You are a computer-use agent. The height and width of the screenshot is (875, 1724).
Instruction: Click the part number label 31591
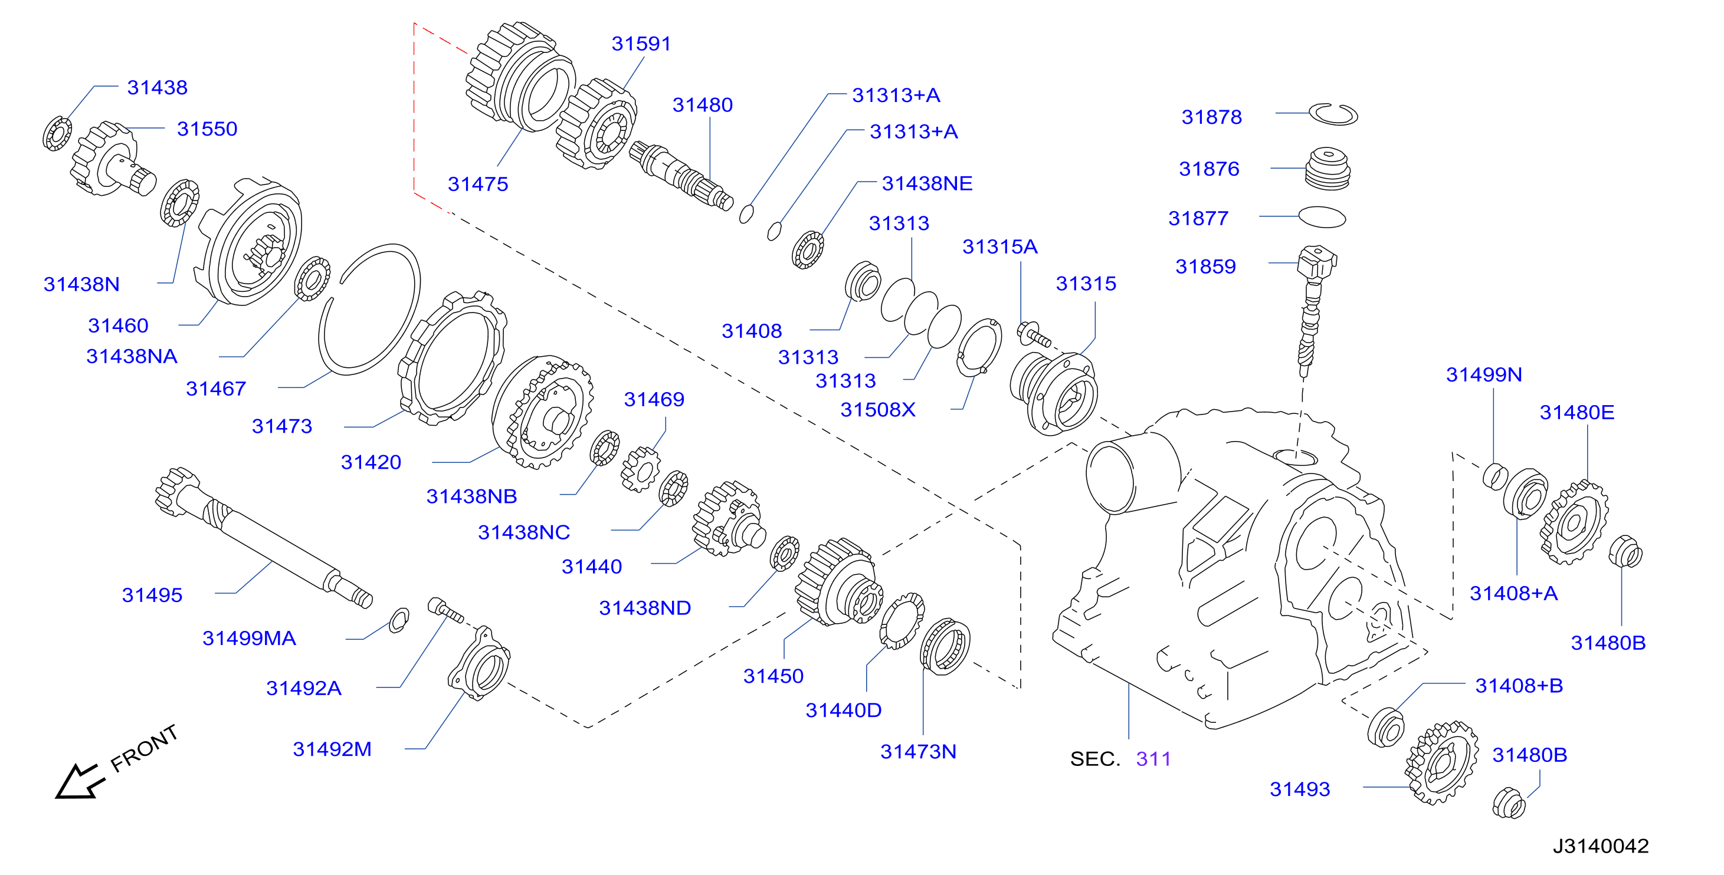pos(641,44)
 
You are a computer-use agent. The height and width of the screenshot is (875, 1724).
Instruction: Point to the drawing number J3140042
pos(1600,846)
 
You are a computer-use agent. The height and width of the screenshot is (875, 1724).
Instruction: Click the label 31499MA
pos(249,638)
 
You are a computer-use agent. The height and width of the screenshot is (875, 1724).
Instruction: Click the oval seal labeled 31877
pos(1322,218)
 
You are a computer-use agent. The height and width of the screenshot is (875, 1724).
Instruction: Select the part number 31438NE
pos(927,183)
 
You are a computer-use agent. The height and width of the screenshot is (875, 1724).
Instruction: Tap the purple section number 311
pos(1153,759)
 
